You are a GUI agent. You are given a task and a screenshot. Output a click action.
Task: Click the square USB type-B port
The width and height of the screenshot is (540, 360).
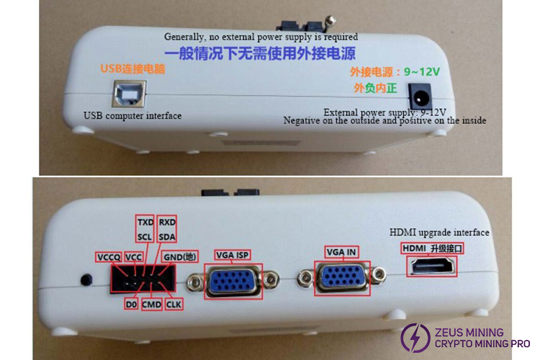(x=129, y=94)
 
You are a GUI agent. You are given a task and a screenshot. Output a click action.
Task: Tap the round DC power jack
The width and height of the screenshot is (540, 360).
(x=419, y=97)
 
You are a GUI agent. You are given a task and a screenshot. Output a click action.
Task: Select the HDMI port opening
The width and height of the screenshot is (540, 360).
(x=432, y=266)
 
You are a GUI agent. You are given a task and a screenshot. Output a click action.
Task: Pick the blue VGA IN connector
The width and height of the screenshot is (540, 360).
(x=342, y=278)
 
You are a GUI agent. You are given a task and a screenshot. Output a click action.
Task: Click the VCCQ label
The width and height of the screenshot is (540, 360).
(x=109, y=257)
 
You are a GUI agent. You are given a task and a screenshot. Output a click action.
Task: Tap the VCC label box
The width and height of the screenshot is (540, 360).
(x=133, y=257)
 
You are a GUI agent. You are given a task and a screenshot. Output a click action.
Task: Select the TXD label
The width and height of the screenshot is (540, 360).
(x=145, y=222)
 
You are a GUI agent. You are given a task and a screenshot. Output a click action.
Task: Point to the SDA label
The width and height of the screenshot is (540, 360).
(x=167, y=237)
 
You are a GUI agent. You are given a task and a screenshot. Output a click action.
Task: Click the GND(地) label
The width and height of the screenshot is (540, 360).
(x=180, y=256)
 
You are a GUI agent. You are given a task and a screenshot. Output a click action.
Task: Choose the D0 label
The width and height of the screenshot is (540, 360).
(x=131, y=305)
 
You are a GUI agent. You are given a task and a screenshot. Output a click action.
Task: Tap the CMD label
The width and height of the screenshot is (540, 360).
(x=151, y=305)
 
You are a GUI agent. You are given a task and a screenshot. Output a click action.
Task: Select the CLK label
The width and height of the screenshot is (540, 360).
(x=174, y=305)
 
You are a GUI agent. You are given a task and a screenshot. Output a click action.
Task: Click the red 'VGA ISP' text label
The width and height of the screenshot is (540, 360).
(x=232, y=255)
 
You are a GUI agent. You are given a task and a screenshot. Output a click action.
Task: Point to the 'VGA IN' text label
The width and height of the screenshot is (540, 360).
(x=341, y=252)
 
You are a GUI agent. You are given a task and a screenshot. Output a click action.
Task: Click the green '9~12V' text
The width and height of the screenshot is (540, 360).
(x=422, y=72)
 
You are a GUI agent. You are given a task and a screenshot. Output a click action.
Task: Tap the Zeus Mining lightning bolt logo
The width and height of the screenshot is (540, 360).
(x=415, y=337)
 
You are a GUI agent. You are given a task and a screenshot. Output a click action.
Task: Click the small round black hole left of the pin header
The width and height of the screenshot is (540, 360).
(x=86, y=279)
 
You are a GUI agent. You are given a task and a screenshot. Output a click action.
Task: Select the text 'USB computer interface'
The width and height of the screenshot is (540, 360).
(x=132, y=116)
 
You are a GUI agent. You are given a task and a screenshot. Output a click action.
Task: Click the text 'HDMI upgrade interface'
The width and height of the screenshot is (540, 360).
(x=439, y=233)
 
